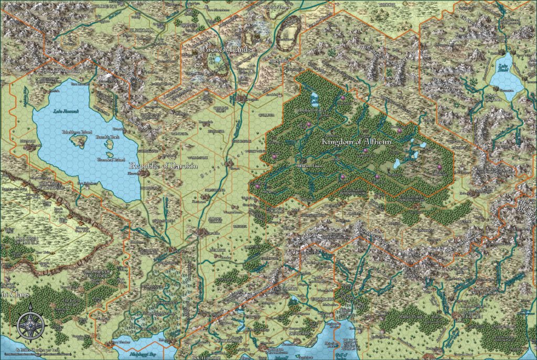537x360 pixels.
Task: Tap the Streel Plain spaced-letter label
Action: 220,165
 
